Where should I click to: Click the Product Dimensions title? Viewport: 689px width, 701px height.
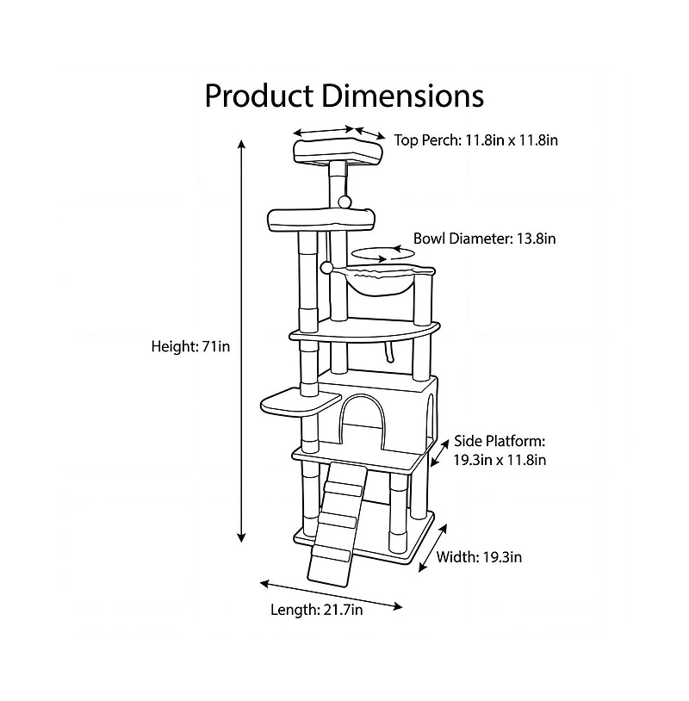(344, 95)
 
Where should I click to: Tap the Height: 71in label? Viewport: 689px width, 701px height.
(190, 346)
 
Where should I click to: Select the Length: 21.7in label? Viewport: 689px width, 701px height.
(316, 610)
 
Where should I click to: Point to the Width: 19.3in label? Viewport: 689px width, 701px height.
(479, 556)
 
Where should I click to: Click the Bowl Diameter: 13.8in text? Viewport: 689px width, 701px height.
(484, 238)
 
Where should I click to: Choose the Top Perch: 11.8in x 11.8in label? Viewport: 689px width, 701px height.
(475, 139)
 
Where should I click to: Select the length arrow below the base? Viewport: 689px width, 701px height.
(332, 594)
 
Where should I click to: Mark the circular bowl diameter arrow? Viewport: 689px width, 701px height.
(376, 254)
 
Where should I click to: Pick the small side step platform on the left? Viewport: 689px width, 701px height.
(299, 400)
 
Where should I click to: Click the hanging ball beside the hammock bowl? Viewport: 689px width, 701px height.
(326, 268)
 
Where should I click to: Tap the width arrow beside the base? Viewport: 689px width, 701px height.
(433, 546)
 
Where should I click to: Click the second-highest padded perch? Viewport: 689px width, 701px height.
(321, 220)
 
